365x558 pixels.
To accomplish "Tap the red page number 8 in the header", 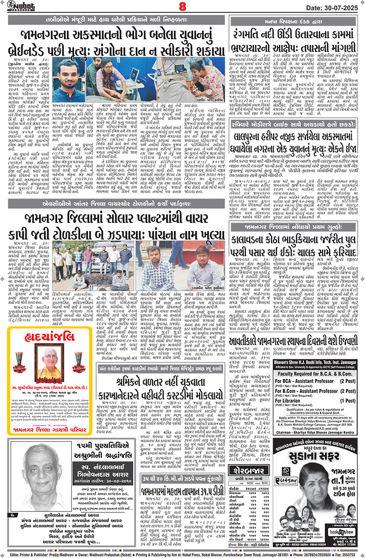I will tap(182, 8).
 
